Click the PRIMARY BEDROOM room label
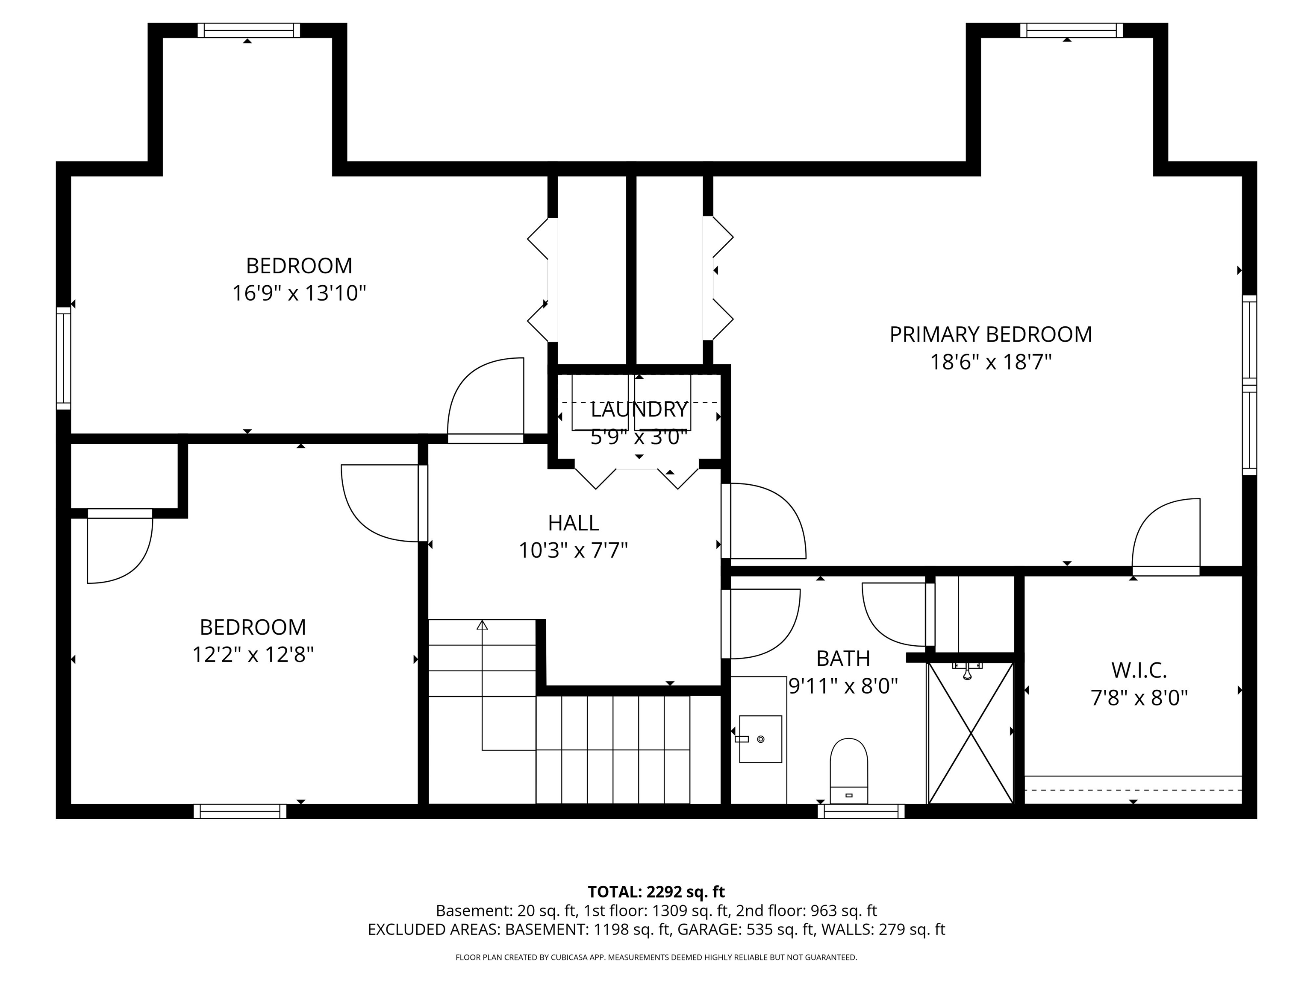coord(990,334)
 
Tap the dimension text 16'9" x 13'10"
coord(299,293)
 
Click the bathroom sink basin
coord(760,739)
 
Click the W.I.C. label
coord(1139,670)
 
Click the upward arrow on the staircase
coord(482,625)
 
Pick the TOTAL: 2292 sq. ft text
coord(656,891)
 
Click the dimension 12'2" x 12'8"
coord(253,655)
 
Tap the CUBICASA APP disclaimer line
coord(656,958)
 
